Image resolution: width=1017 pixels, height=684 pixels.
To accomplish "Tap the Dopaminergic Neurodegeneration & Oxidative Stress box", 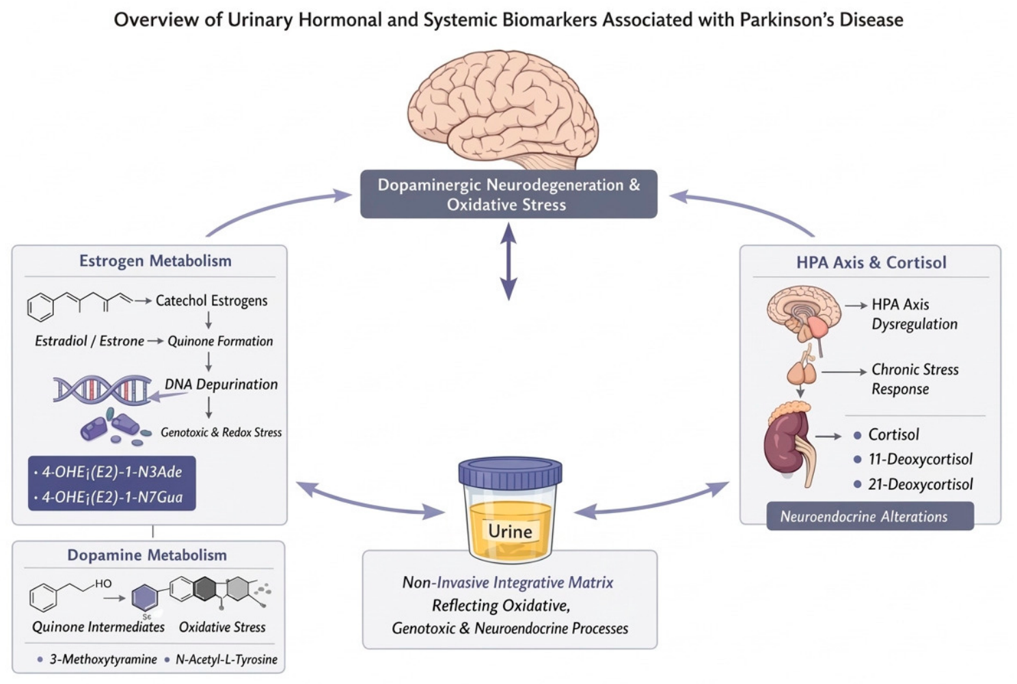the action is coord(508,194).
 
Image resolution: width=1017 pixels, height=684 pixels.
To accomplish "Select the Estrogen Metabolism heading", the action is coord(155,261).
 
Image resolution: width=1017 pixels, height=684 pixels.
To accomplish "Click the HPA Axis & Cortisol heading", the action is coord(871,262).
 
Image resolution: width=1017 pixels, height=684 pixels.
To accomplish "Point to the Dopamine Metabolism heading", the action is coord(147,555).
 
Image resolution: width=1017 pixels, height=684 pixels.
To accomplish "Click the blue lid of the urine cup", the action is coord(511,473).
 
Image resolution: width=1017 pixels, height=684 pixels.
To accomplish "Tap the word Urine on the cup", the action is coord(510,532).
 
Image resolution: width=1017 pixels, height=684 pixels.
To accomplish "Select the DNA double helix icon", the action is coord(102,389).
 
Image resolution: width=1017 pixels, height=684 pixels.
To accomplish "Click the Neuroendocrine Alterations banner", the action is coord(870,516).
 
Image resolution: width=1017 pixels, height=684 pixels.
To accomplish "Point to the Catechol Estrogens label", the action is coord(212,301).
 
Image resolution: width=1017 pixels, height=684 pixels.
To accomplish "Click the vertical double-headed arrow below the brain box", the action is coord(508,262).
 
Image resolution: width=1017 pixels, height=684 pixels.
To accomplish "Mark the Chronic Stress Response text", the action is coord(915,379).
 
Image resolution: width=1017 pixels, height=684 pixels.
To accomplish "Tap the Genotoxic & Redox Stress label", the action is coord(221,432).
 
